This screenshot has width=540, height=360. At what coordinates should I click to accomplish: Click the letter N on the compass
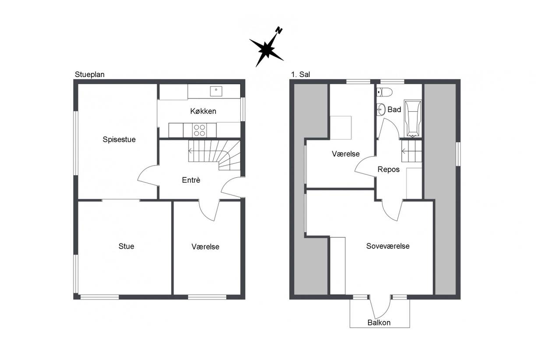click(279, 30)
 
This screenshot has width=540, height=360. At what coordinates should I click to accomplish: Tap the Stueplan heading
click(89, 74)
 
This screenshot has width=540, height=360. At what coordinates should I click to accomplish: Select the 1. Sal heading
click(300, 74)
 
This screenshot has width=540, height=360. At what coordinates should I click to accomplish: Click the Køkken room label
click(203, 111)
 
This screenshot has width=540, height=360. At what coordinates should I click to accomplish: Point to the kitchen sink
click(216, 91)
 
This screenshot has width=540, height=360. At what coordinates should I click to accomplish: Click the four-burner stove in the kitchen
click(200, 131)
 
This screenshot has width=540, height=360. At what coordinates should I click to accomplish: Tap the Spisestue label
click(119, 139)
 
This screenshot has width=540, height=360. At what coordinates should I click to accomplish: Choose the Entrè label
click(191, 180)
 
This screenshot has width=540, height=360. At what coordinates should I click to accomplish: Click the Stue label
click(126, 246)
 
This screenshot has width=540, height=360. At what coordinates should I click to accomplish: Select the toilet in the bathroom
click(385, 92)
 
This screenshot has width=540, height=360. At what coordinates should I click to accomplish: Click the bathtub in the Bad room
click(413, 118)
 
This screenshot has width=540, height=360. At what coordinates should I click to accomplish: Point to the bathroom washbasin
click(381, 110)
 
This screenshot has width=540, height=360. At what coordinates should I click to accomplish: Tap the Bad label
click(394, 109)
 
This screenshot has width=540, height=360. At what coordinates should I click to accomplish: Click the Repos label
click(388, 169)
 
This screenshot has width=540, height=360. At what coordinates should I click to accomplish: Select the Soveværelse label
click(388, 246)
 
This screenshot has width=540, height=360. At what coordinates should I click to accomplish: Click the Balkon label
click(379, 323)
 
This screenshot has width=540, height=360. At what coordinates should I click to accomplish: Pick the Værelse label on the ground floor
click(205, 247)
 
